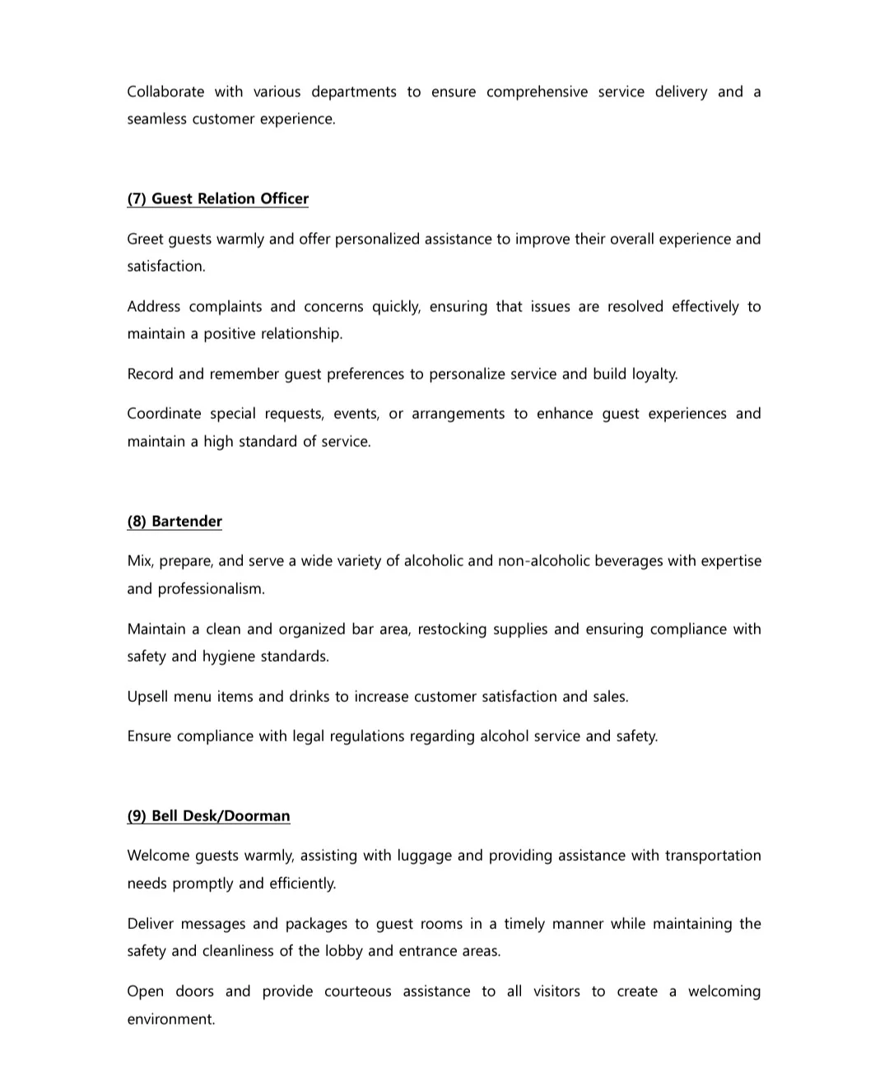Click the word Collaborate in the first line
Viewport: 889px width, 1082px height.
pyautogui.click(x=165, y=91)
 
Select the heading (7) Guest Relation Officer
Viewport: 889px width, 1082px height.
pyautogui.click(x=217, y=198)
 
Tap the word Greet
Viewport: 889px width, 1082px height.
pyautogui.click(x=145, y=239)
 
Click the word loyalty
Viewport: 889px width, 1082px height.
pyautogui.click(x=654, y=374)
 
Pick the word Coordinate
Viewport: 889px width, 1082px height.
pyautogui.click(x=164, y=414)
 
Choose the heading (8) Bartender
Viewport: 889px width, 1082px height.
pyautogui.click(x=175, y=521)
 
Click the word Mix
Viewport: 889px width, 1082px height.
pyautogui.click(x=139, y=561)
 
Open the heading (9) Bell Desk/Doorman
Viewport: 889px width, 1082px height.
pyautogui.click(x=208, y=815)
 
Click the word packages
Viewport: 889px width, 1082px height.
pyautogui.click(x=314, y=924)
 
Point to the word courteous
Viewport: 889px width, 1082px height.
pyautogui.click(x=357, y=991)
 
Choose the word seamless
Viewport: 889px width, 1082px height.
pyautogui.click(x=156, y=119)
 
